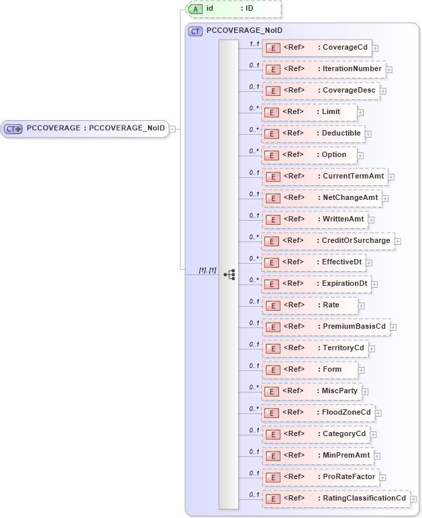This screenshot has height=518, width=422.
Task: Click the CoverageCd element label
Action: pyautogui.click(x=346, y=48)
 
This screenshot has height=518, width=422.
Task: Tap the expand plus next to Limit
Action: pyautogui.click(x=361, y=113)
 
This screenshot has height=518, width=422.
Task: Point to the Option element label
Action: pyautogui.click(x=334, y=155)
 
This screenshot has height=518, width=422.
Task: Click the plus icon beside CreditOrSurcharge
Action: pyautogui.click(x=397, y=241)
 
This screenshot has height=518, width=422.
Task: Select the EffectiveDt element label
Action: pyautogui.click(x=342, y=262)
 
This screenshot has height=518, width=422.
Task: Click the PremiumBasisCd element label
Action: pyautogui.click(x=354, y=327)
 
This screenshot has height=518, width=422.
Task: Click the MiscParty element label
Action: pyautogui.click(x=340, y=391)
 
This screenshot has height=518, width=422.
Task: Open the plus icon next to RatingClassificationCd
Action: pyautogui.click(x=413, y=499)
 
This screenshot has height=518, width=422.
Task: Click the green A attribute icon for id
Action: pyautogui.click(x=195, y=9)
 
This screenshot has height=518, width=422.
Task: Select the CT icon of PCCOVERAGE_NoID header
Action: pyautogui.click(x=195, y=31)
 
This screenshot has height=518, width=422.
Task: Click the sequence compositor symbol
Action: pyautogui.click(x=229, y=274)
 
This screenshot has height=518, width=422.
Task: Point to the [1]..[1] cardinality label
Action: pyautogui.click(x=207, y=270)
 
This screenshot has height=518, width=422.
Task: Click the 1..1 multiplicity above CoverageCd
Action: pyautogui.click(x=254, y=44)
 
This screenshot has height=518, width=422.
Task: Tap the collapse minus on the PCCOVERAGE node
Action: pyautogui.click(x=173, y=129)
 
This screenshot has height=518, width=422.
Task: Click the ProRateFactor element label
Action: pyautogui.click(x=349, y=477)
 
